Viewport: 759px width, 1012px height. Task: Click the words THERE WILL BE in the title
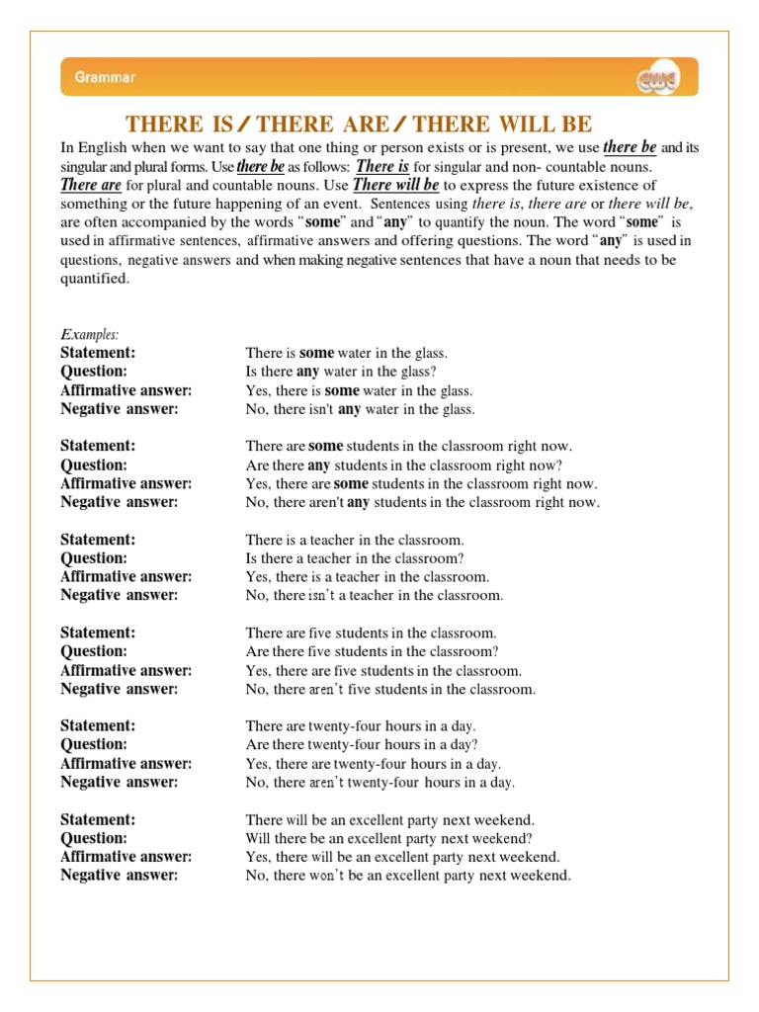(x=503, y=124)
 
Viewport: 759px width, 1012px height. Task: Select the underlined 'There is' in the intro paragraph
(x=382, y=166)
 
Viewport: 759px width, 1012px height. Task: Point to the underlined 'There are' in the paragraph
(x=91, y=185)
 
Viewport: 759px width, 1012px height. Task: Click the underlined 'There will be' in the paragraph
(x=395, y=185)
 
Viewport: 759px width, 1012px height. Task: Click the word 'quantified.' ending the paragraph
(x=95, y=279)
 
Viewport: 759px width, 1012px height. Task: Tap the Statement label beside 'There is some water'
(x=98, y=353)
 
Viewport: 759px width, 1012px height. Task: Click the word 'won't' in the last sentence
(x=328, y=876)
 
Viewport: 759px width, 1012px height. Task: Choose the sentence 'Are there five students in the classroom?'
(x=372, y=651)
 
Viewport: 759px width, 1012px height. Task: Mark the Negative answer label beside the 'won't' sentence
(x=120, y=876)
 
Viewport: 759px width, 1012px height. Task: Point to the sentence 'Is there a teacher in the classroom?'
(x=355, y=558)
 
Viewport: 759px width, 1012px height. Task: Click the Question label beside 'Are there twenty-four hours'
(x=94, y=744)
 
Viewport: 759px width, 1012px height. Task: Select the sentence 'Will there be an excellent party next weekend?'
(x=389, y=838)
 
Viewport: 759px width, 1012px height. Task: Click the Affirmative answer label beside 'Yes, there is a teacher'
(x=126, y=576)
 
